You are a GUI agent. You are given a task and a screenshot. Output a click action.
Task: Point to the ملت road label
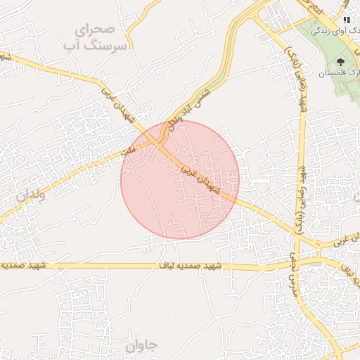click(127, 150)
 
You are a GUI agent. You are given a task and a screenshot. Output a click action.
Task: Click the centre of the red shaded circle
click(180, 179)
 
